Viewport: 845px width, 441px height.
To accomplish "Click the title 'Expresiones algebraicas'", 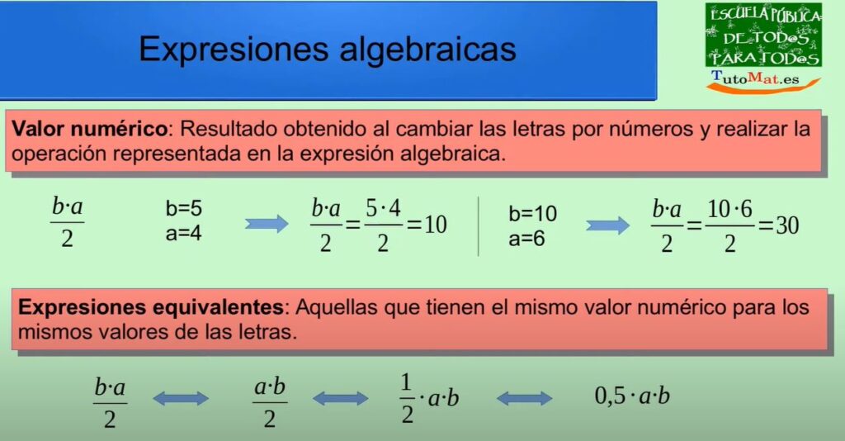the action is [328, 50].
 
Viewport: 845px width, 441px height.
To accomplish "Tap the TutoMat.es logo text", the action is [755, 78].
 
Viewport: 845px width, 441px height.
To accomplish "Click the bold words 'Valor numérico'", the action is [90, 129].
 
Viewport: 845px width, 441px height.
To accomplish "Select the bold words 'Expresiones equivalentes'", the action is [151, 307].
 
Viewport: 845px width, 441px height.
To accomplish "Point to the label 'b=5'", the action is [184, 208].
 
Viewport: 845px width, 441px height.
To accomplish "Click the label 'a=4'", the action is [184, 234].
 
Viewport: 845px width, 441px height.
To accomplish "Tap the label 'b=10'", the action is [532, 214].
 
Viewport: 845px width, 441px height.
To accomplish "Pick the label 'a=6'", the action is [526, 239].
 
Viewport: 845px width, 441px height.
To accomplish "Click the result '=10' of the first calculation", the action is [427, 225].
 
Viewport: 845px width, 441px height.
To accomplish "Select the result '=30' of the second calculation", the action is [779, 225].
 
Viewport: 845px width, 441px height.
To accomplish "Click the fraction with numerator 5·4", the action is [383, 225].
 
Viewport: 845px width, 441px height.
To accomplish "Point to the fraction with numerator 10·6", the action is [729, 225].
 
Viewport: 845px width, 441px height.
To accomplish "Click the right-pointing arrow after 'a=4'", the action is [267, 224].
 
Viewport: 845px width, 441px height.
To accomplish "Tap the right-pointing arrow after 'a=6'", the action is [607, 225].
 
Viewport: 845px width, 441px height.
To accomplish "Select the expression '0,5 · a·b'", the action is [632, 396].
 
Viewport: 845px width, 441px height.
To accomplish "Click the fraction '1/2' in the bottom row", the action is [407, 399].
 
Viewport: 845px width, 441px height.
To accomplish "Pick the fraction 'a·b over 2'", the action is [270, 403].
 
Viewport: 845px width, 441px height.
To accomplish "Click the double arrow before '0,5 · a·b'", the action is [524, 399].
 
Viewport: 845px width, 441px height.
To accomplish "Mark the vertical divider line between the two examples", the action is [478, 226].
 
